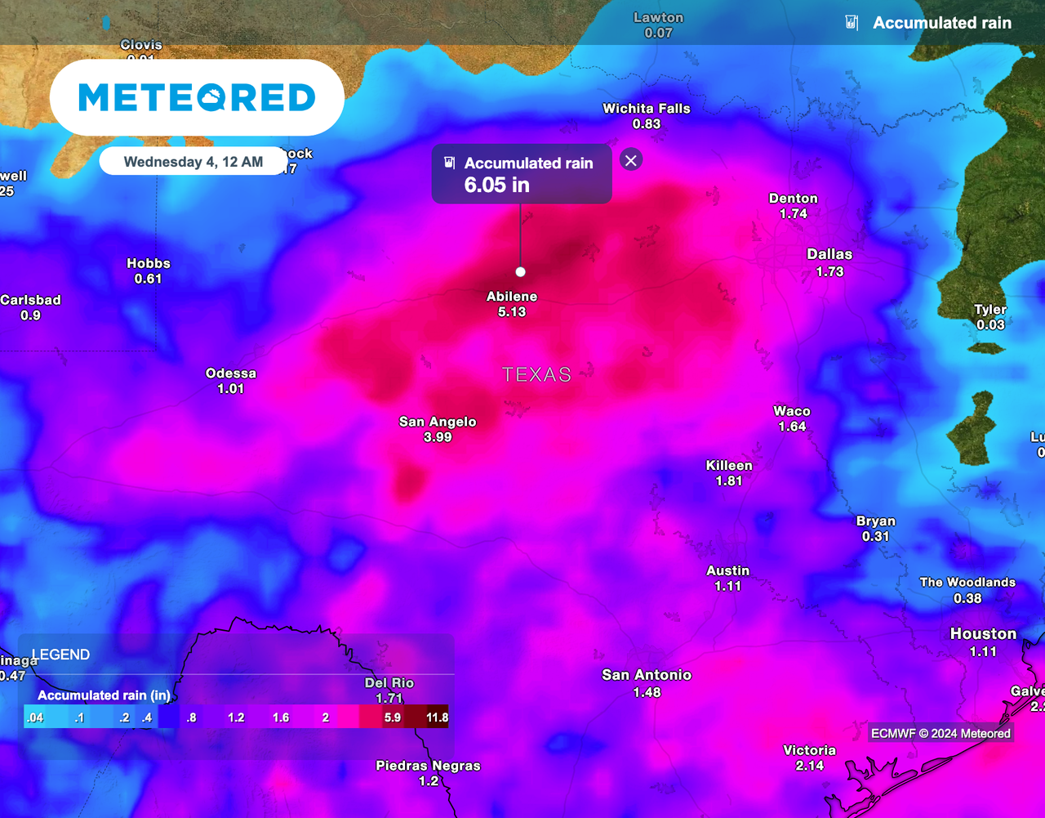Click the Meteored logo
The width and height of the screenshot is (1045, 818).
(x=197, y=97)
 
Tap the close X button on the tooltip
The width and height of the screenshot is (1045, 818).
(x=630, y=159)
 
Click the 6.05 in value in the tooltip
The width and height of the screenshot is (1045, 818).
(x=496, y=185)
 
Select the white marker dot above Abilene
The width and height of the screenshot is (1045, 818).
(x=521, y=272)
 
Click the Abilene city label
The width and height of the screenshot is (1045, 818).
(x=512, y=297)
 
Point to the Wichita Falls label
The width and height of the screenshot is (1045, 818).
(x=646, y=108)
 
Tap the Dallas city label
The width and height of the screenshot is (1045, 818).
(x=829, y=254)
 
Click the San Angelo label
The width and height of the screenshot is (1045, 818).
(x=438, y=422)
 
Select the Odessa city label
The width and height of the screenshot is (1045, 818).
(x=231, y=373)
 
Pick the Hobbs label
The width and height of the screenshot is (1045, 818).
(x=149, y=263)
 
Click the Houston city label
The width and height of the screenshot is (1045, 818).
(x=983, y=634)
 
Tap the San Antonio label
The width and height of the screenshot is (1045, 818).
(x=647, y=675)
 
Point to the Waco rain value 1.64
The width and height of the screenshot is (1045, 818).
(x=792, y=427)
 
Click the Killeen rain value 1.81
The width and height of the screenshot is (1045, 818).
(x=729, y=481)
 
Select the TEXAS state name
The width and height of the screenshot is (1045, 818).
(x=536, y=374)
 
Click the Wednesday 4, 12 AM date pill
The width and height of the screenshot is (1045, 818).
(x=193, y=162)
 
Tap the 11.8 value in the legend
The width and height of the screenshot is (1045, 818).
(x=437, y=718)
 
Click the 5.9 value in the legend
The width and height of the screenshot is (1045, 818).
(x=392, y=718)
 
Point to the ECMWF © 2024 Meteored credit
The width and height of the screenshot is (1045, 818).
(x=940, y=733)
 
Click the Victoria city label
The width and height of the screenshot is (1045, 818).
(x=809, y=750)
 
